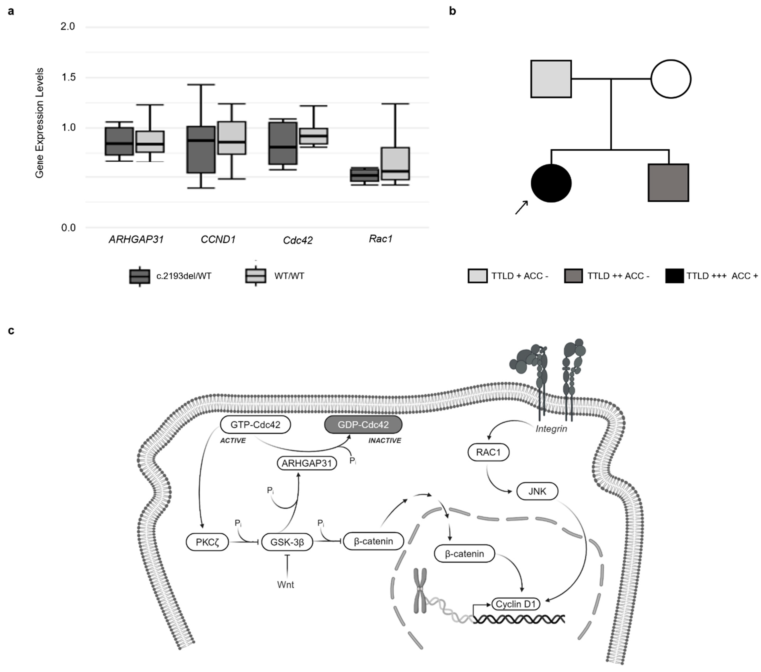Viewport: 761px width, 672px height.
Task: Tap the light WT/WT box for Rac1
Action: pyautogui.click(x=395, y=164)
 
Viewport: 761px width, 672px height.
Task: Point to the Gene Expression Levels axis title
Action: pyautogui.click(x=39, y=123)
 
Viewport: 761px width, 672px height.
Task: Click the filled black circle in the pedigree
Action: pyautogui.click(x=551, y=183)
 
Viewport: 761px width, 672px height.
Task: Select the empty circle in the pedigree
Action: pyautogui.click(x=671, y=79)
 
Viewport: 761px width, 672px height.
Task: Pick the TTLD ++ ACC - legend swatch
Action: pyautogui.click(x=573, y=276)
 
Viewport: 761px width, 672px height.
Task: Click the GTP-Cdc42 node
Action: pyautogui.click(x=255, y=425)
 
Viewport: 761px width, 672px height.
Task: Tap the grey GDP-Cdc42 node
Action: pyautogui.click(x=363, y=425)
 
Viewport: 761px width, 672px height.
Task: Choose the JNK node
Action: pyautogui.click(x=537, y=492)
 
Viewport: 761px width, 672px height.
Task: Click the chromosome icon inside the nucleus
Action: pyautogui.click(x=420, y=591)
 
